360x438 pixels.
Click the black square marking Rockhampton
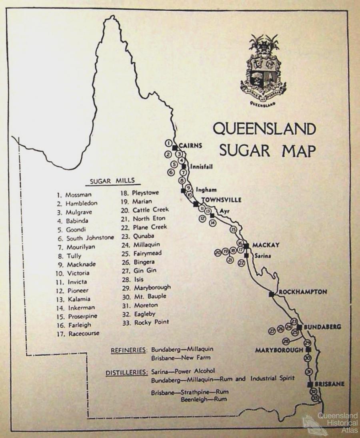[x=272, y=294]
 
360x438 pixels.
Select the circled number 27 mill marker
[x=272, y=331]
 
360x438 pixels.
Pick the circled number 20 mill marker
[x=218, y=252]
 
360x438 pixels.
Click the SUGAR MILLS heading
[x=112, y=181]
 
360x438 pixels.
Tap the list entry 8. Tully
[x=69, y=255]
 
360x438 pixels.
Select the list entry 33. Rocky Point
[x=146, y=322]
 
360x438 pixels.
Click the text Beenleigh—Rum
[x=204, y=399]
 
